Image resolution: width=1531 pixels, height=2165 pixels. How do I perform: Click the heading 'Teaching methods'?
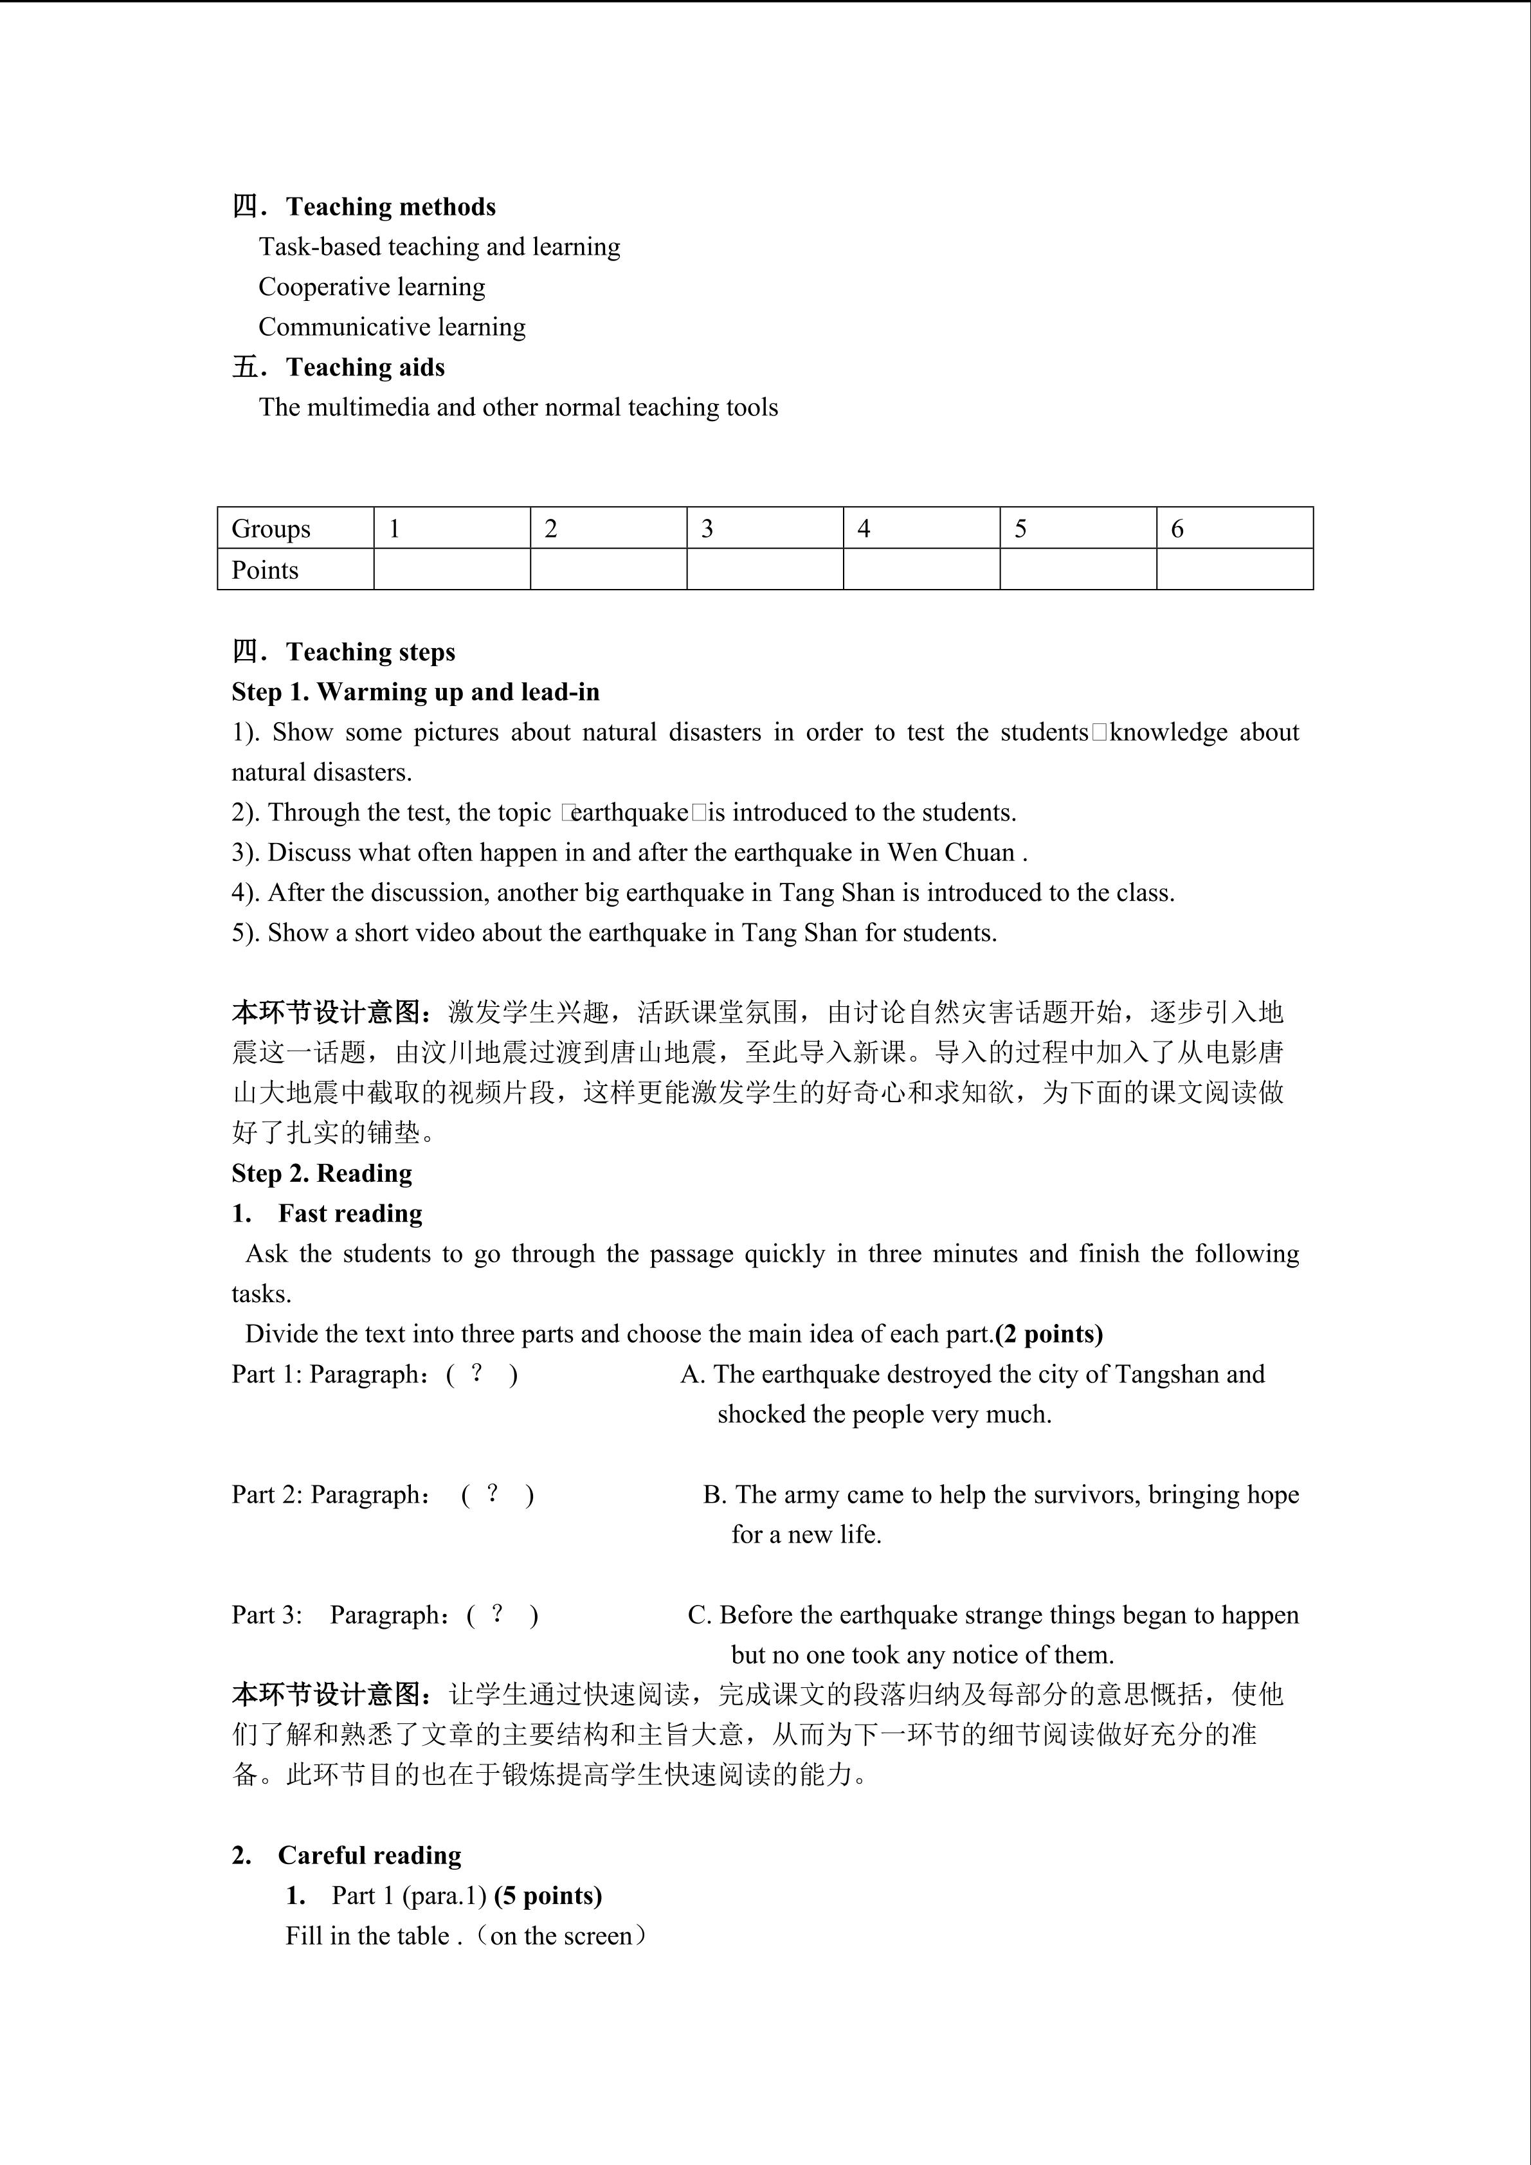390,206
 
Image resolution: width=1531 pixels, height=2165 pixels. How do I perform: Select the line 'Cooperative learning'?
372,287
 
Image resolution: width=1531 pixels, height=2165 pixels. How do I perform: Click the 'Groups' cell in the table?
271,529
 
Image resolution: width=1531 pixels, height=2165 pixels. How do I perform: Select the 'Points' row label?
265,570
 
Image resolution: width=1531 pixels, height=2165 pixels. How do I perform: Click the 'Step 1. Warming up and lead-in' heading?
416,692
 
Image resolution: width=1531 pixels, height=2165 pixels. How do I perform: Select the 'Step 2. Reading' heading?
322,1173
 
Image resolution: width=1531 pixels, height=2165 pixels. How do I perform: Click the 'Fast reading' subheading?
350,1213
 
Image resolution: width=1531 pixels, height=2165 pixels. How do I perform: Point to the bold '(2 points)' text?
1049,1334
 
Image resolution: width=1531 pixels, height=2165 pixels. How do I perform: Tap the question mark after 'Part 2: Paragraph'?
492,1494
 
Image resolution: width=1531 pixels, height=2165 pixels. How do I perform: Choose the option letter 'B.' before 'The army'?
714,1494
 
